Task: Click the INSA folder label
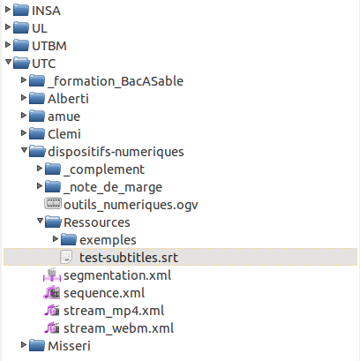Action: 46,11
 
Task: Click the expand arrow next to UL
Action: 8,27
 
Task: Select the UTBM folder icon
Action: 21,45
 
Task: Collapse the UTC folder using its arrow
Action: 8,62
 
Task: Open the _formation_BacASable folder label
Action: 116,81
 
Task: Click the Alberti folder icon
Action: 37,98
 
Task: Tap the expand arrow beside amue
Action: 24,116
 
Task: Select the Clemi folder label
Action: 64,134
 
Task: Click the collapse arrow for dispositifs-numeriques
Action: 24,150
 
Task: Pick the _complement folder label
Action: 104,169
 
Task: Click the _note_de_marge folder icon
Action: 53,186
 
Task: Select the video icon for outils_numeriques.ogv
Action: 53,204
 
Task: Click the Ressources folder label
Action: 97,222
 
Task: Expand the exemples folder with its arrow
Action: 56,239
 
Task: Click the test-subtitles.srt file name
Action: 129,258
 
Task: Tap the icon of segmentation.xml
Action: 52,275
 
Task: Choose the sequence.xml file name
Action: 104,293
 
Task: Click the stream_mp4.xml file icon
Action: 52,311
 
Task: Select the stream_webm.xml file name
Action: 118,328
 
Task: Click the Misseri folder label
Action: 69,346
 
